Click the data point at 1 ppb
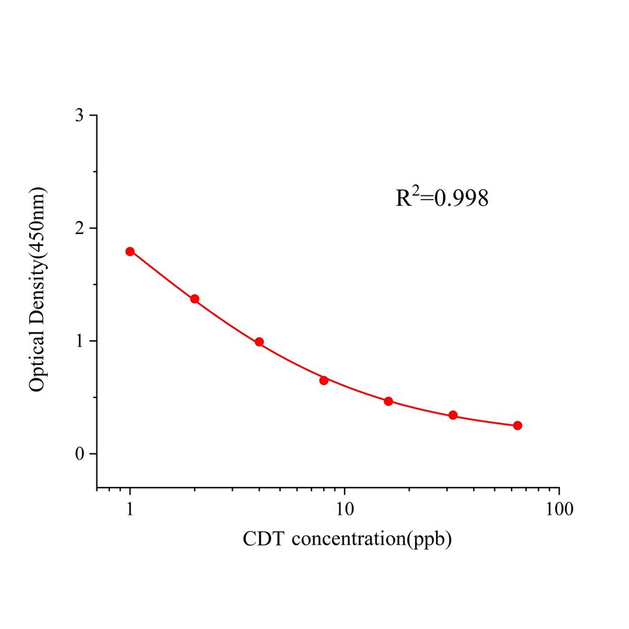tap(130, 251)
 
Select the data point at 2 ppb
tap(195, 299)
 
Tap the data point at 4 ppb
tap(259, 342)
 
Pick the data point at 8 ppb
tap(324, 380)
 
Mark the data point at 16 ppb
tap(388, 401)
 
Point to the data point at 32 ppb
tap(453, 415)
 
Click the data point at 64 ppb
tap(517, 426)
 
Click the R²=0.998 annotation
tap(442, 198)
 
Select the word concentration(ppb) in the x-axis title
tap(372, 541)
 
